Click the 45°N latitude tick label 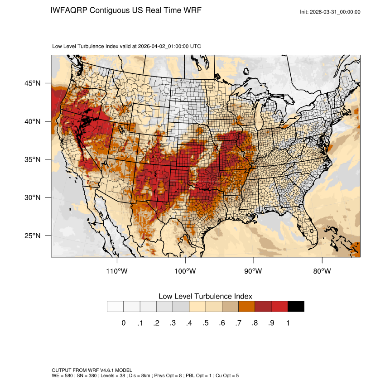point(32,83)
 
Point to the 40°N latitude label point(32,121)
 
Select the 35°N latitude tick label point(32,159)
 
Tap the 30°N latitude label point(32,197)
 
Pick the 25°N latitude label point(32,236)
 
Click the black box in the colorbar point(296,307)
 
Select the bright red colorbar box point(279,307)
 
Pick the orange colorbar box point(247,307)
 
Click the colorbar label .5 point(206,323)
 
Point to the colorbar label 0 point(123,323)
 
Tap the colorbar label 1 point(288,323)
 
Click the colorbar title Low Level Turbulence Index point(205,296)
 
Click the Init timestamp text point(330,12)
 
